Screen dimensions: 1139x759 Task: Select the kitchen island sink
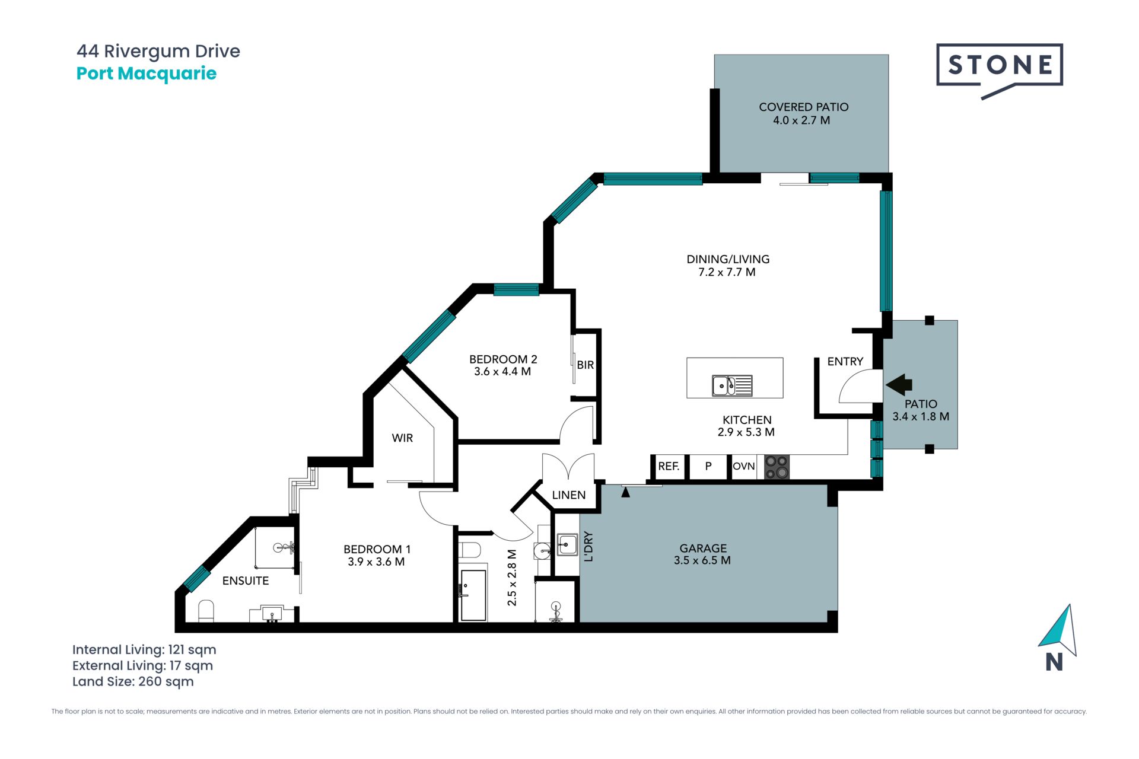(732, 385)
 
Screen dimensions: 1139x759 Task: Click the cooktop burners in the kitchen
(777, 467)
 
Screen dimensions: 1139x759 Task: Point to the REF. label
(669, 466)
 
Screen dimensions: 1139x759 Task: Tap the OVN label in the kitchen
(743, 466)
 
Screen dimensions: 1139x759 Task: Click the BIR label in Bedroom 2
(585, 365)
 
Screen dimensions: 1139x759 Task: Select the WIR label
(402, 438)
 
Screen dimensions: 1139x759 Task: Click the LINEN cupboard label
(568, 495)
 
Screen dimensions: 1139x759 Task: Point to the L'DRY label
(588, 546)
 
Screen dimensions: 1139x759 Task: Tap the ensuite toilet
(206, 611)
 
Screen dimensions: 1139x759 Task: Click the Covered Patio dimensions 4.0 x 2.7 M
(801, 120)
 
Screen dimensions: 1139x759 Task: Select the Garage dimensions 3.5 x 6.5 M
(702, 560)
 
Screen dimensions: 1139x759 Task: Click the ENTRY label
(845, 362)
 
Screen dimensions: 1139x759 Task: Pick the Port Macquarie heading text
(147, 74)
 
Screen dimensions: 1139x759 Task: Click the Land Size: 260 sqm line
(133, 682)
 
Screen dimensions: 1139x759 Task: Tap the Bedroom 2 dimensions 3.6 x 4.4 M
(502, 372)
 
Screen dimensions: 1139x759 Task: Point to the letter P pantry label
(708, 466)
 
